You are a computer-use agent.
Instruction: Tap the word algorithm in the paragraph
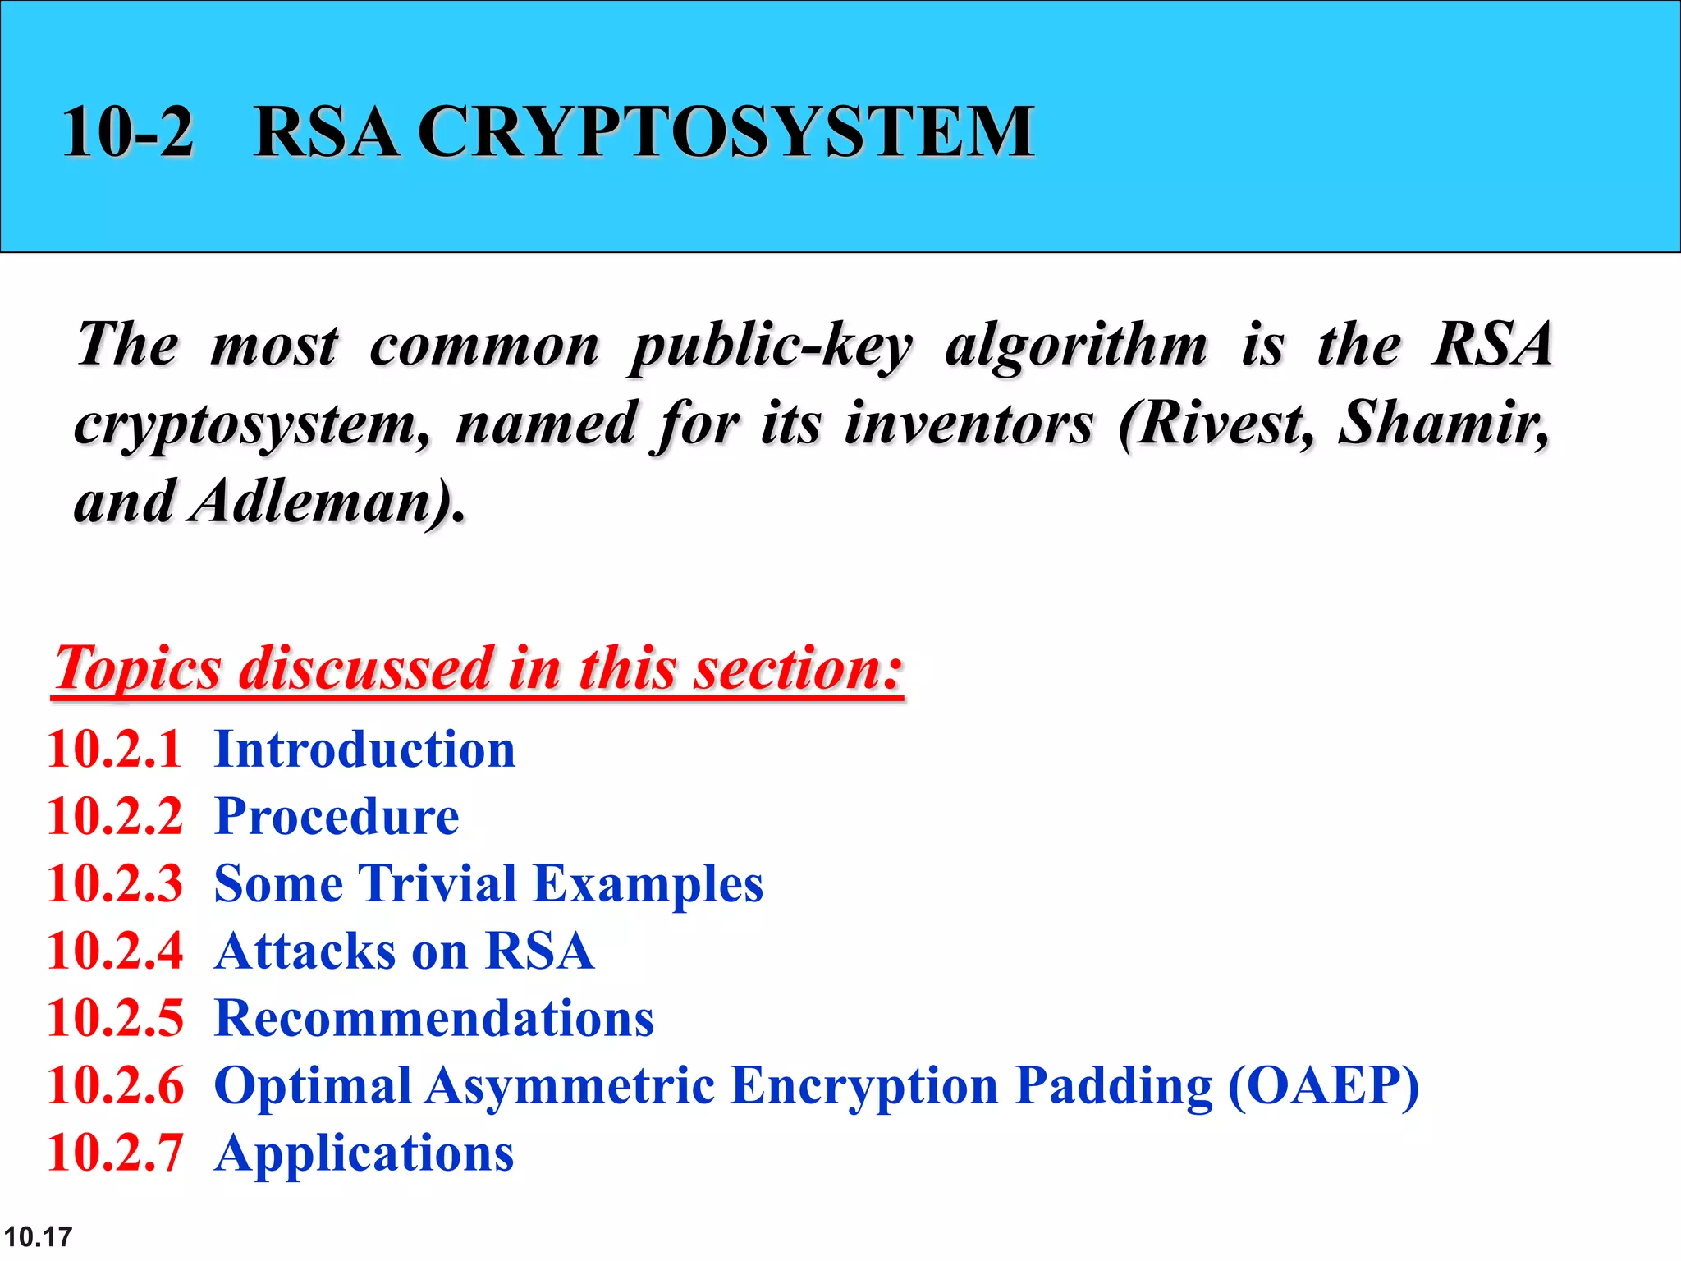[1076, 346]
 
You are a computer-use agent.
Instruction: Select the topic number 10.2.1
[114, 750]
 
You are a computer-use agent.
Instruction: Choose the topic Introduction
[364, 750]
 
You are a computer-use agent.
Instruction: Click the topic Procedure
[337, 817]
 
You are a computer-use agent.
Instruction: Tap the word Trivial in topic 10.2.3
[437, 884]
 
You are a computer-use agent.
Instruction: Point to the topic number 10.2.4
[115, 951]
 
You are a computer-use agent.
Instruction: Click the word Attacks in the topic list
[305, 951]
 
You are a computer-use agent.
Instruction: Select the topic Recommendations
[433, 1019]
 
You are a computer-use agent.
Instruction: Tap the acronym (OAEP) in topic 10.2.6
[1323, 1086]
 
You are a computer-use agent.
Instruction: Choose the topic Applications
[364, 1153]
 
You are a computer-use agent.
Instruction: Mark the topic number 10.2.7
[115, 1153]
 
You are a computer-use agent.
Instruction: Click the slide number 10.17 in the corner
[38, 1236]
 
